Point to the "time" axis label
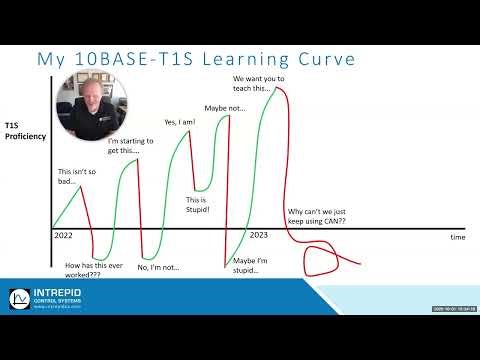tap(457, 238)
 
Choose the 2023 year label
tap(258, 235)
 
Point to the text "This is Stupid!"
tap(204, 204)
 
